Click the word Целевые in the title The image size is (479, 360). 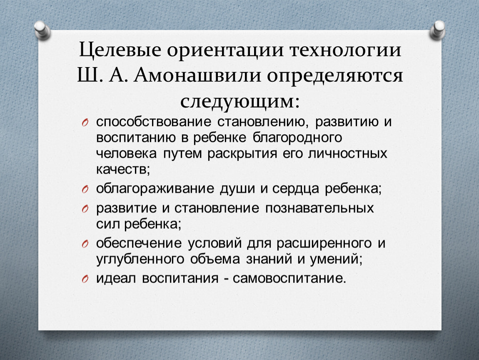click(120, 50)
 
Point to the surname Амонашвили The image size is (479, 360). click(197, 75)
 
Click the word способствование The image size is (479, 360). click(153, 122)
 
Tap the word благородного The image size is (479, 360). click(297, 138)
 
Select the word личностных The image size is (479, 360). click(348, 153)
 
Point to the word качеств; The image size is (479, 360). click(123, 169)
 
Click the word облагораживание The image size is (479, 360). click(155, 189)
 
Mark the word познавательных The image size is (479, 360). click(319, 208)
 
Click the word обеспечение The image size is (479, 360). click(139, 243)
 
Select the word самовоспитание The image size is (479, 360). click(289, 278)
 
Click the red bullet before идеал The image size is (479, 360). click(85, 279)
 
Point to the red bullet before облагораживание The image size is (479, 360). click(85, 190)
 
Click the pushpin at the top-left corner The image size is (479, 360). click(42, 30)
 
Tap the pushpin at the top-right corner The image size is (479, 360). click(437, 30)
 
